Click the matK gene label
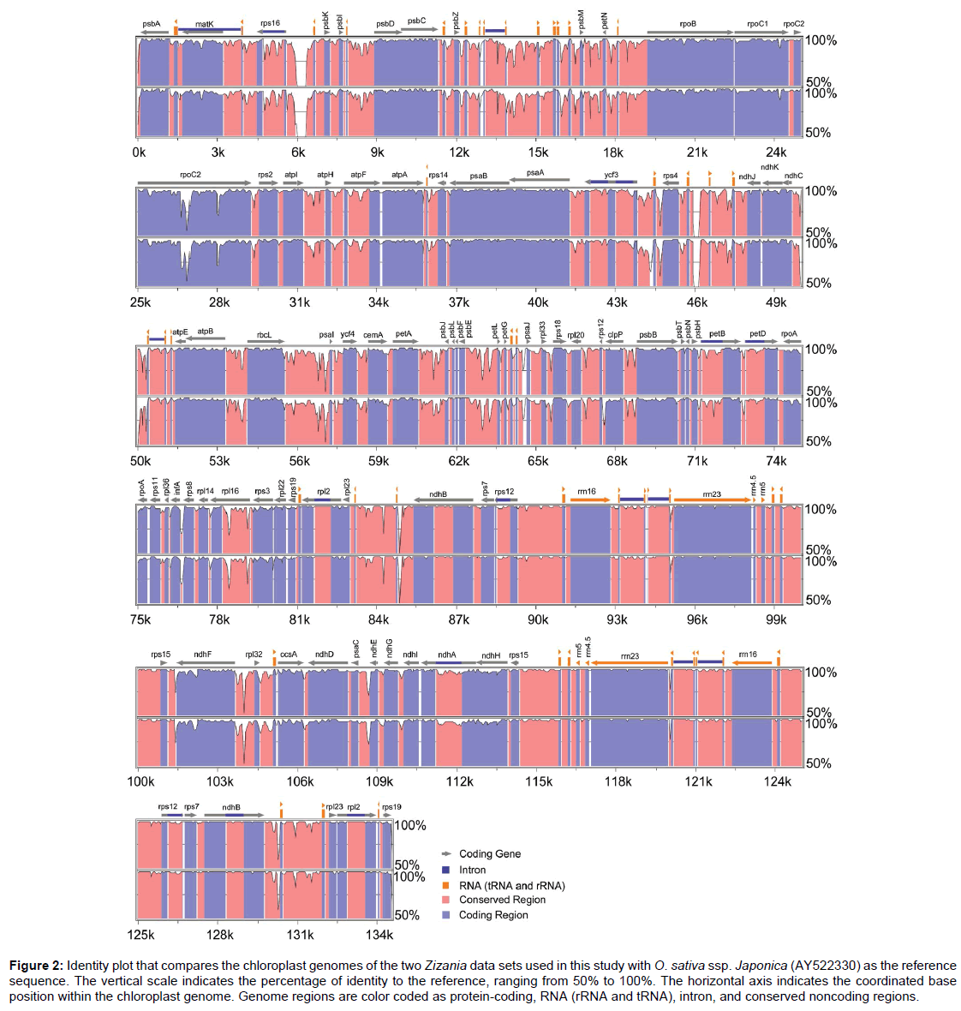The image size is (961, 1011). pyautogui.click(x=204, y=24)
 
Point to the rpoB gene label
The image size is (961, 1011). pyautogui.click(x=688, y=24)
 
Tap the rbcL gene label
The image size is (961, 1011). pyautogui.click(x=264, y=335)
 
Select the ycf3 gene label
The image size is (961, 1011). pyautogui.click(x=611, y=175)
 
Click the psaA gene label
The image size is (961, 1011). pyautogui.click(x=535, y=172)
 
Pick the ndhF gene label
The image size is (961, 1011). pyautogui.click(x=203, y=655)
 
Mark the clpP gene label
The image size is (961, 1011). pyautogui.click(x=615, y=335)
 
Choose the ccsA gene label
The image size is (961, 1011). pyautogui.click(x=289, y=655)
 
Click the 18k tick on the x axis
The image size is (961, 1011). pyautogui.click(x=613, y=153)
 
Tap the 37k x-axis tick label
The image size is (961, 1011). pyautogui.click(x=459, y=302)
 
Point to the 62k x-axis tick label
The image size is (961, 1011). pyautogui.click(x=459, y=461)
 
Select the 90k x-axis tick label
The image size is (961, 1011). pyautogui.click(x=538, y=619)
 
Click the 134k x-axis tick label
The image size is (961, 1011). pyautogui.click(x=379, y=935)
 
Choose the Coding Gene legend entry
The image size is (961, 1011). pyautogui.click(x=489, y=853)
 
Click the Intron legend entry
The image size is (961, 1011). pyautogui.click(x=472, y=870)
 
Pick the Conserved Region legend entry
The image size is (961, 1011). pyautogui.click(x=502, y=900)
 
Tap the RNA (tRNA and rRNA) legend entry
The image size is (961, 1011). pyautogui.click(x=511, y=885)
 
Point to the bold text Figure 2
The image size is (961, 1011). pyautogui.click(x=36, y=966)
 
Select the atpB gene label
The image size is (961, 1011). pyautogui.click(x=206, y=332)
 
